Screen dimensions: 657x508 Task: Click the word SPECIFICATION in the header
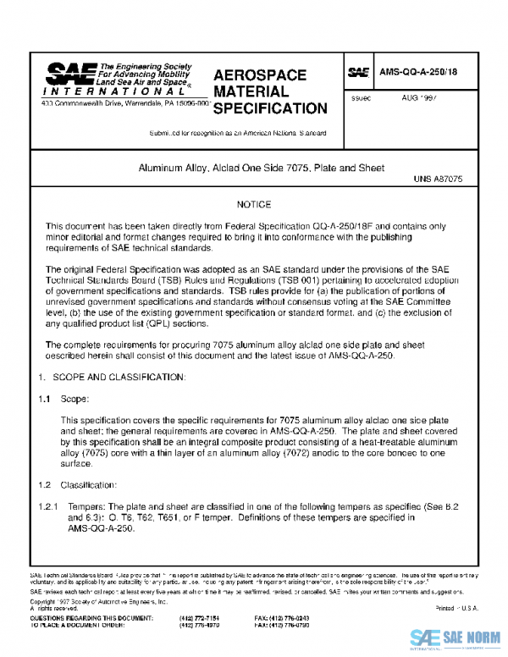click(270, 109)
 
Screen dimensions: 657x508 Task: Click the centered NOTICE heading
click(254, 205)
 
